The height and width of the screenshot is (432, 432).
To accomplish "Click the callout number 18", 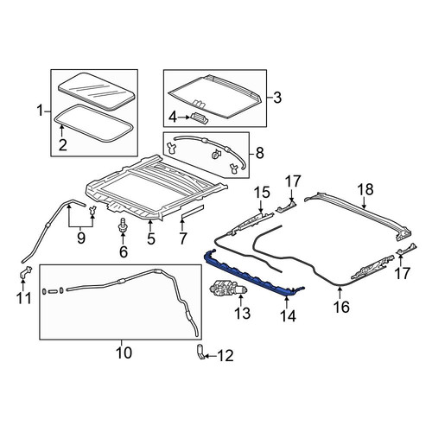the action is [x=365, y=190].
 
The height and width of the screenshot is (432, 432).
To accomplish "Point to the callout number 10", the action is [x=124, y=353].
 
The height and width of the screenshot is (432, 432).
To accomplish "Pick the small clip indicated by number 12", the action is [x=200, y=352].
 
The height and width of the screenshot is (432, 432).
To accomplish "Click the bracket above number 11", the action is [x=26, y=272].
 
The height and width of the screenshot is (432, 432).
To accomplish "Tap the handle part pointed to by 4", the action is [x=199, y=119].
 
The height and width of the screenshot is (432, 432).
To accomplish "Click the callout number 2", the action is [x=63, y=145].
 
